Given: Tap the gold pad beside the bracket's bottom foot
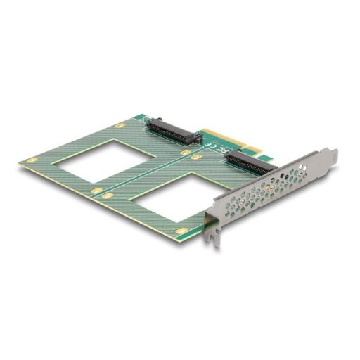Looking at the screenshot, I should pyautogui.click(x=181, y=230).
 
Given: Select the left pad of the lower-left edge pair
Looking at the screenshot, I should pyautogui.click(x=94, y=191).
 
